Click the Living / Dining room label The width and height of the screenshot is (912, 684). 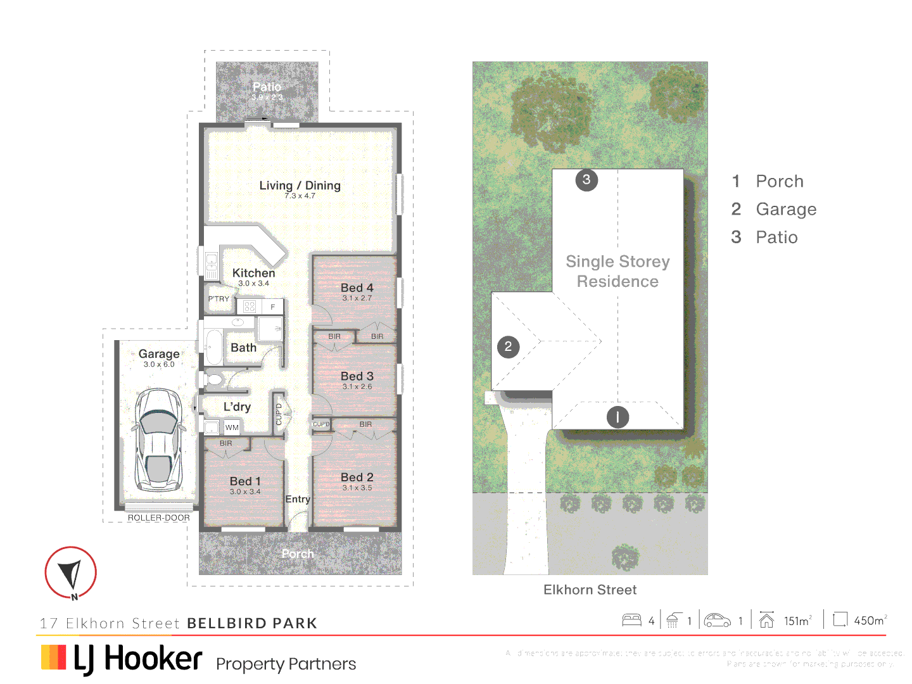(x=300, y=186)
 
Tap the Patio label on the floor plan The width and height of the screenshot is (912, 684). (x=267, y=87)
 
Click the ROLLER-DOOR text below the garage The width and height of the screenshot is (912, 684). (x=158, y=517)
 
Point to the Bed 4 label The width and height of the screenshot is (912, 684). (x=357, y=288)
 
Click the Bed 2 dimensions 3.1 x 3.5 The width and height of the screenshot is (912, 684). (x=357, y=488)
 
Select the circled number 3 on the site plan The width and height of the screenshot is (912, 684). (x=586, y=180)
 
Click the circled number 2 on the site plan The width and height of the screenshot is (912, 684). (x=508, y=346)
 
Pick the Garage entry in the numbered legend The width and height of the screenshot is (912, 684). (x=785, y=209)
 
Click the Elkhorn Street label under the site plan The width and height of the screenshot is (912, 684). (x=590, y=590)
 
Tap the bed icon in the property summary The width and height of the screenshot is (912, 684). (x=631, y=620)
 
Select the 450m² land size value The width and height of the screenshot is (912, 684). (x=870, y=621)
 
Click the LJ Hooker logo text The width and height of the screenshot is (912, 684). (x=138, y=659)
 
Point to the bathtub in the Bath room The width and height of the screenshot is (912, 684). (x=214, y=347)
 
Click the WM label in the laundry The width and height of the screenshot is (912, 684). (x=232, y=427)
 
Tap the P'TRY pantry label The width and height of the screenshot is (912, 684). (x=219, y=299)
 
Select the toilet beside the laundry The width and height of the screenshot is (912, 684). (x=213, y=380)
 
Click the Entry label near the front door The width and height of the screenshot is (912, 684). (x=297, y=499)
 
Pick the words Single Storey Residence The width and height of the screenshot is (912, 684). (x=617, y=271)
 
